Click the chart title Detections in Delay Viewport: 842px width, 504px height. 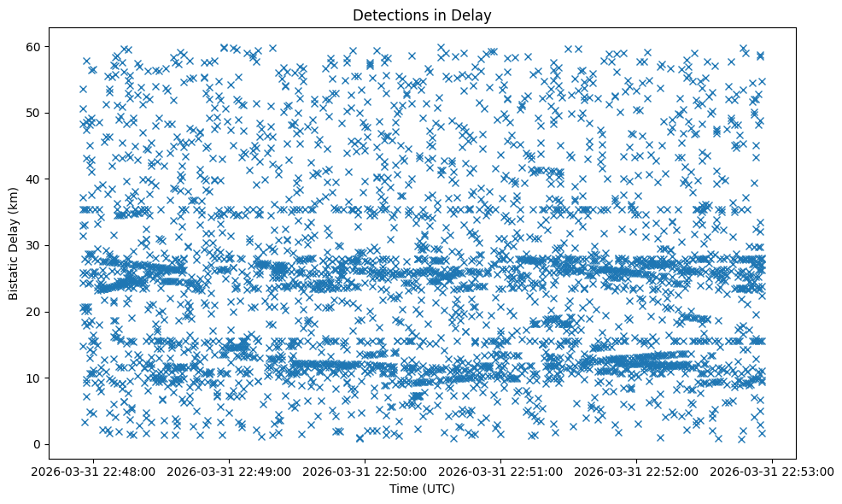[x=422, y=15]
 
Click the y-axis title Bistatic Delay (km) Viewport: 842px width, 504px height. [x=15, y=243]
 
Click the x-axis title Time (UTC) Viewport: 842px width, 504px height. [x=422, y=489]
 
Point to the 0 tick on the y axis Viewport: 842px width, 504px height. [x=38, y=444]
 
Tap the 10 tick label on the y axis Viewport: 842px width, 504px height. [x=34, y=378]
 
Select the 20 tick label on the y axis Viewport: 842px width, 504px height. [x=34, y=312]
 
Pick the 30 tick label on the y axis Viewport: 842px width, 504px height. [x=34, y=245]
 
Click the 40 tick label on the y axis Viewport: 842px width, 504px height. [x=34, y=179]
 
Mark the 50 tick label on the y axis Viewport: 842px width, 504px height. [x=34, y=113]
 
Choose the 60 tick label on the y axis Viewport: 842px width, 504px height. [x=34, y=46]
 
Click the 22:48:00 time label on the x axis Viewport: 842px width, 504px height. [x=95, y=471]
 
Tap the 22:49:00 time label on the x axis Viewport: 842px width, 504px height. [x=231, y=471]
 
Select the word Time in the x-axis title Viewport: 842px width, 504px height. [x=403, y=489]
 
